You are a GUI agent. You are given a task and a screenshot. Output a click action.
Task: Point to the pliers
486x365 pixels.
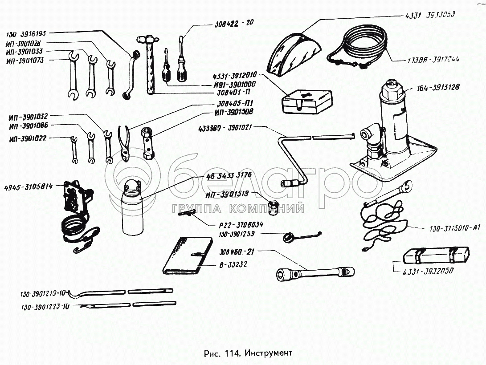coord(125,142)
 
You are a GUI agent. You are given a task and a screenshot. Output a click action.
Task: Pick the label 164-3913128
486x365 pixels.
coord(438,87)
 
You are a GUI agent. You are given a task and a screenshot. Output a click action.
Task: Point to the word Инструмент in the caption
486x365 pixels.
coord(270,353)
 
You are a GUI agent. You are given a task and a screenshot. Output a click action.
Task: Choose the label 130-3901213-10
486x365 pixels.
coord(43,293)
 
